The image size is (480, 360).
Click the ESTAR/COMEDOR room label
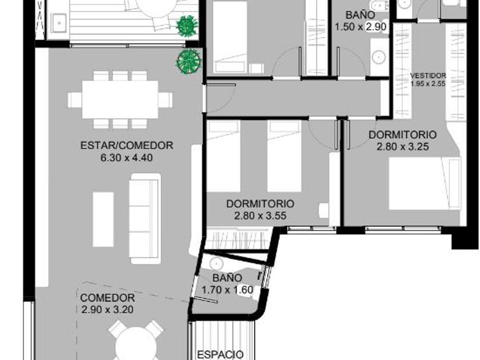127,145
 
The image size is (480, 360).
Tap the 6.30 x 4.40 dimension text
126,158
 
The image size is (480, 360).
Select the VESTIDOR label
428,75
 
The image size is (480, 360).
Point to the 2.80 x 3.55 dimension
260,215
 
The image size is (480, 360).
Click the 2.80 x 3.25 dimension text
402,147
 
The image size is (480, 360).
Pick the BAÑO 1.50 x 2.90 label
361,21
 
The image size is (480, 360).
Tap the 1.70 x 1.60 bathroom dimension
227,289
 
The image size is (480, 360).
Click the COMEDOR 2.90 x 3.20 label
107,303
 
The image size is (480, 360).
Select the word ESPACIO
221,354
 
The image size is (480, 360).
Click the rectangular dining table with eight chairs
120,99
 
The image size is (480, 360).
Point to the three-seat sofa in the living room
145,218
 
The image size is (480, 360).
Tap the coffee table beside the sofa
103,219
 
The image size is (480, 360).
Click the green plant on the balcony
187,26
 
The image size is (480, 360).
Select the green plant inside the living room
188,62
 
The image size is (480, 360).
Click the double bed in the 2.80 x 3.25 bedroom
425,183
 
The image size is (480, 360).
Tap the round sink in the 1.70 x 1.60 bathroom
217,264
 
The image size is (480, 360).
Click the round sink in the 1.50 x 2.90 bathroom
379,57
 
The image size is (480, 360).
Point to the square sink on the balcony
58,23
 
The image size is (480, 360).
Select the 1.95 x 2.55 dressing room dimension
428,83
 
